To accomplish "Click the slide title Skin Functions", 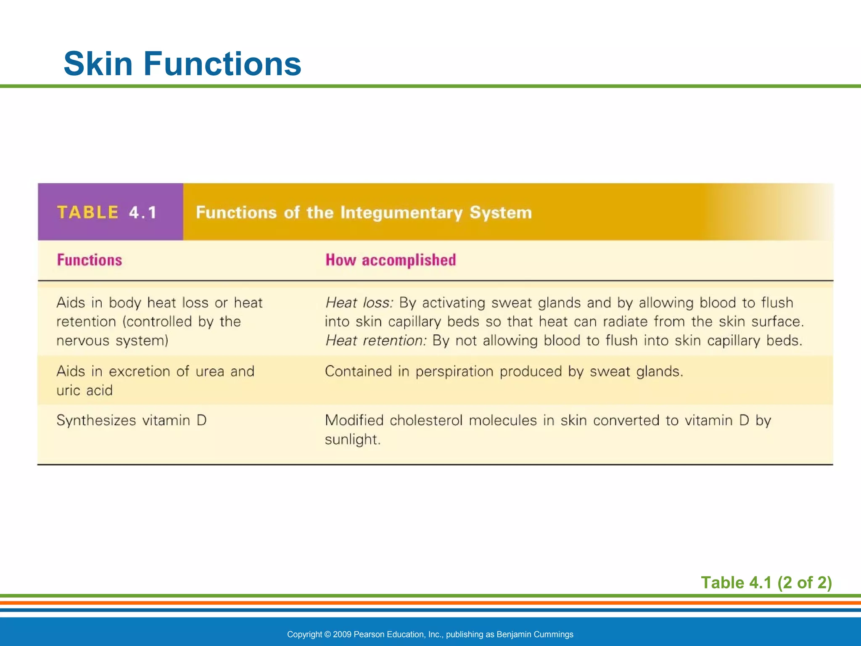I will pos(182,64).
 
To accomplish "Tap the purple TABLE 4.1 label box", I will pos(110,212).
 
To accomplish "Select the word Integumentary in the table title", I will pos(401,213).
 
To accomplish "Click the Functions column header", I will pos(90,260).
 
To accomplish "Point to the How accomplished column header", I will pos(391,260).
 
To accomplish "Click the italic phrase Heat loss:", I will pos(359,302).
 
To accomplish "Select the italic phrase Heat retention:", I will pos(376,340).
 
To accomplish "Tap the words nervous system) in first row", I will pos(112,340).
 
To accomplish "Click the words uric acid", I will pos(85,390).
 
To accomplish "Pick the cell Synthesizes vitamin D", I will pos(132,420).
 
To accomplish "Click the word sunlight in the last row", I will pos(351,439).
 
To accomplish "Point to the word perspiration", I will pos(454,372).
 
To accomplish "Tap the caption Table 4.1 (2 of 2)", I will pos(766,582).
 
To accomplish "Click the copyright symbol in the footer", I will pos(327,634).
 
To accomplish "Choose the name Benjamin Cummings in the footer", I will pos(535,634).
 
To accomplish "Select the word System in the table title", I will pos(500,213).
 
